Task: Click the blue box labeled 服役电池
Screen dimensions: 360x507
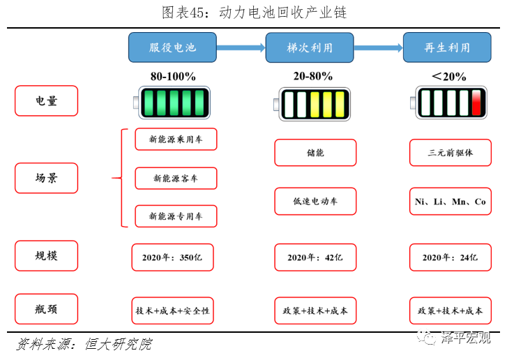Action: tap(172, 47)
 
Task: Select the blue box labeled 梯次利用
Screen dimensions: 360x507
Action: tap(310, 47)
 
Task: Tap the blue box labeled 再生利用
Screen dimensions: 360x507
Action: tap(446, 47)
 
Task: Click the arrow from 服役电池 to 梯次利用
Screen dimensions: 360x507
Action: tap(241, 47)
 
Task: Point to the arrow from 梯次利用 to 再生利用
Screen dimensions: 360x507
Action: tap(378, 47)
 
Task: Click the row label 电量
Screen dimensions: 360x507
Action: tap(46, 100)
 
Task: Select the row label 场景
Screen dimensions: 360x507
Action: tap(46, 178)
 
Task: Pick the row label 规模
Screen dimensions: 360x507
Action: tap(46, 255)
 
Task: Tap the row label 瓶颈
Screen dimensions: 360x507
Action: tap(46, 309)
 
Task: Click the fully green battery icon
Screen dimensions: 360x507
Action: tap(172, 103)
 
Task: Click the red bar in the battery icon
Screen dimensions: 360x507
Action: tap(477, 103)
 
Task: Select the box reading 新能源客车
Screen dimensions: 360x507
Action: tap(176, 178)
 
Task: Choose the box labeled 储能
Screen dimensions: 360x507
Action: tap(315, 152)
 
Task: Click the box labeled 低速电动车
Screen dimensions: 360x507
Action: tap(315, 201)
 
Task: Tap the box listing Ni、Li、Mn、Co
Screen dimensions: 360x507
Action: tap(450, 201)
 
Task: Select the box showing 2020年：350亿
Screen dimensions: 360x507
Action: tap(172, 257)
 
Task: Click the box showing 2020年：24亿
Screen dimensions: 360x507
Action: tap(450, 257)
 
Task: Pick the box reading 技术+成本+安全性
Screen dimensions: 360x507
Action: tap(172, 310)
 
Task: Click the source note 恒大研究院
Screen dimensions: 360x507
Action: tap(118, 345)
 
